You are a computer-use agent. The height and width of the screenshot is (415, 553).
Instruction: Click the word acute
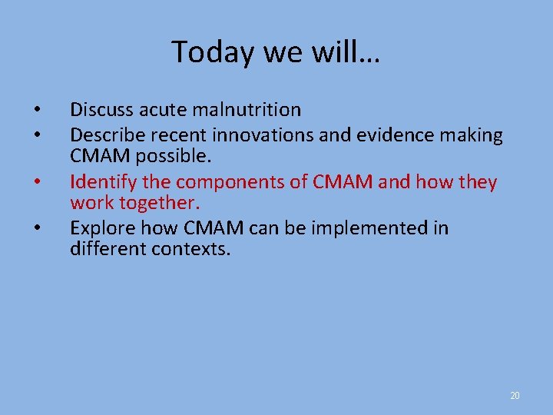[x=154, y=111]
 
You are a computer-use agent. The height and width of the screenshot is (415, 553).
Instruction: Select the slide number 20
[x=515, y=396]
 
